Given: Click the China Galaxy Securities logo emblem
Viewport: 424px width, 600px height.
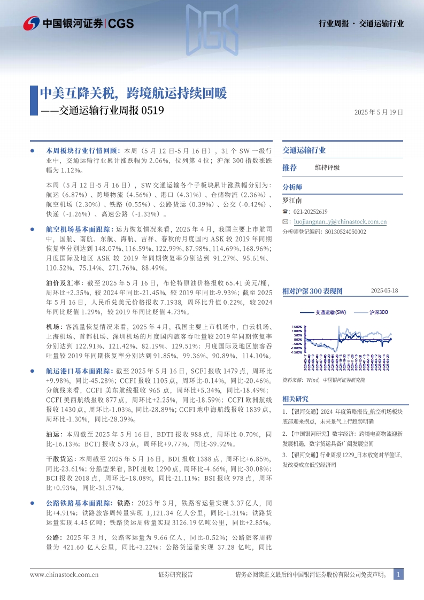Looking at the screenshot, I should click(32, 23).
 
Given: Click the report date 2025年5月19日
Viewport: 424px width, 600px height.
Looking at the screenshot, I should click(378, 113).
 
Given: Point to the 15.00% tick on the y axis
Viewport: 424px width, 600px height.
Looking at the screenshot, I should click(296, 326).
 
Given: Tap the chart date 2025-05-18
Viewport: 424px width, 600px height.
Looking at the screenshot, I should click(388, 291).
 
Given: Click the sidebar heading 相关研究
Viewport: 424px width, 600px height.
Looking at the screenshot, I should click(295, 399).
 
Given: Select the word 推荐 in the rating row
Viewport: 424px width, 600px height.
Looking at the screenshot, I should click(289, 167).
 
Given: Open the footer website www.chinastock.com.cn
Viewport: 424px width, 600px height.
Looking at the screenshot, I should click(64, 574).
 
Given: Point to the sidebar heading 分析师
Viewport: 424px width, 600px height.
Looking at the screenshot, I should click(292, 187).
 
